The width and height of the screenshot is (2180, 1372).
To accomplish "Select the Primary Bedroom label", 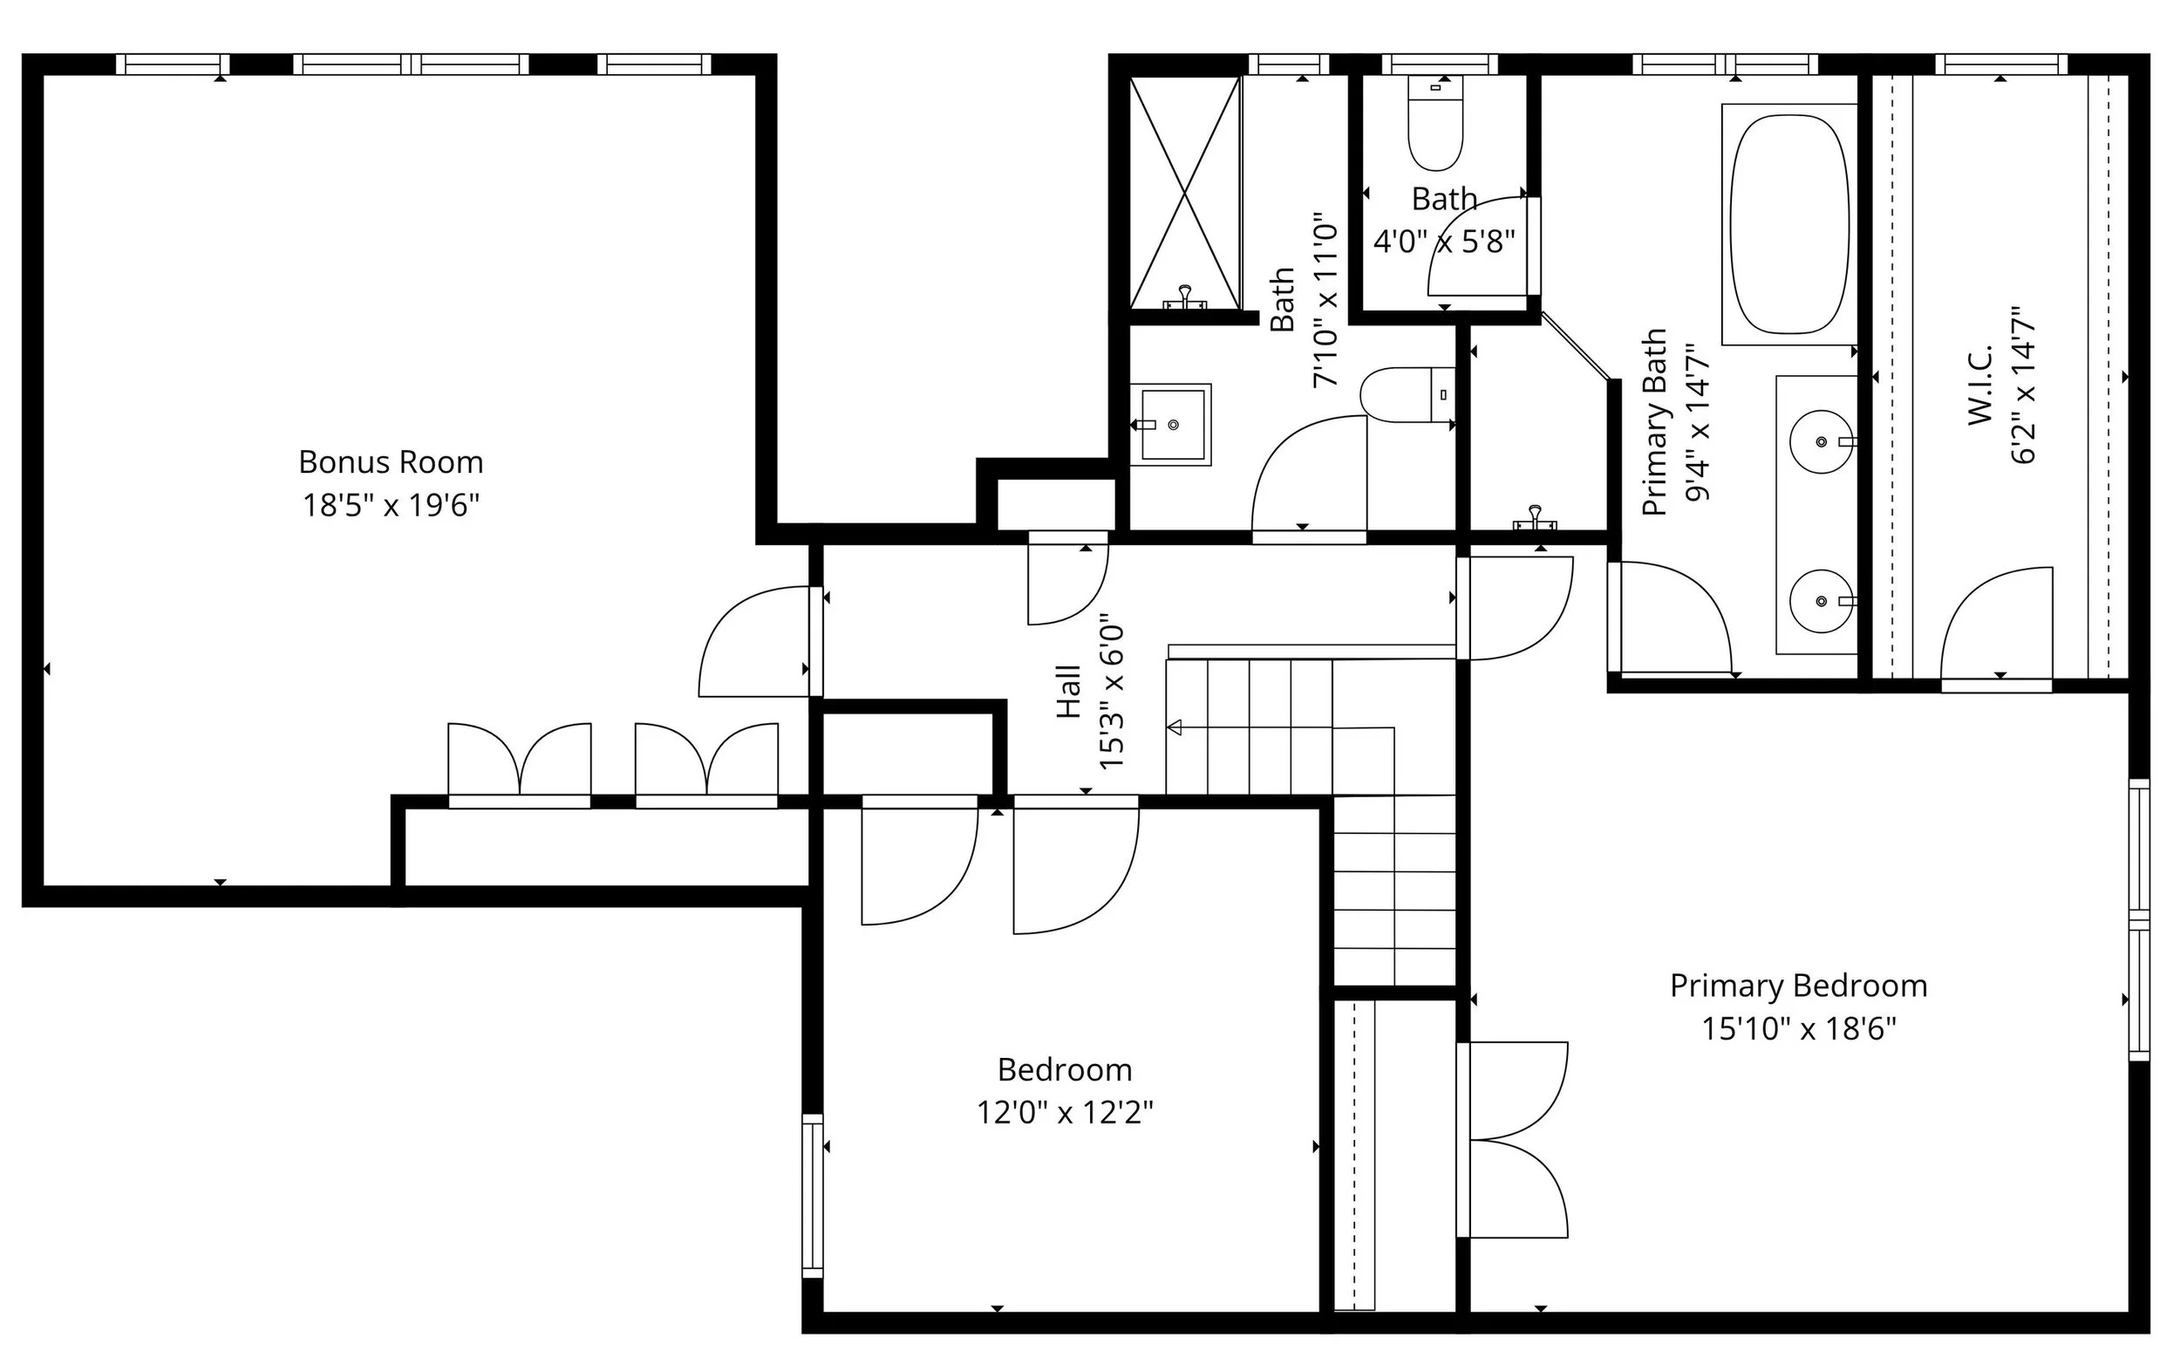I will click(1798, 986).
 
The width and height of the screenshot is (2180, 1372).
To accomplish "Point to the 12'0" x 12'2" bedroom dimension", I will click(1065, 1112).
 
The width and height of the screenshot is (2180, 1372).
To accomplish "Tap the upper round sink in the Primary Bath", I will click(1821, 442).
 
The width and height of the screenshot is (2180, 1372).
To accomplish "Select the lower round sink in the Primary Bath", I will click(1821, 601).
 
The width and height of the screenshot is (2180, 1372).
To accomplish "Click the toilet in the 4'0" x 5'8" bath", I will click(1435, 126).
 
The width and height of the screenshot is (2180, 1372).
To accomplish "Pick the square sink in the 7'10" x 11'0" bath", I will click(1172, 424).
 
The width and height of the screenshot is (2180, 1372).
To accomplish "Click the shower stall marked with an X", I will click(1184, 192).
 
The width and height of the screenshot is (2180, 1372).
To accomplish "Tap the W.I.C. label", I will click(1979, 384).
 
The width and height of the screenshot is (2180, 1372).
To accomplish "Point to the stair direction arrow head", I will click(1175, 727).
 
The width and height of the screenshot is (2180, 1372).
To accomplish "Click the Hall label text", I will click(1069, 692).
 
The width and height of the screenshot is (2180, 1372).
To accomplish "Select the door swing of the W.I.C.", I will click(1995, 625).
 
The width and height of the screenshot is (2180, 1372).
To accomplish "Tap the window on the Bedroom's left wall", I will click(812, 1196).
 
